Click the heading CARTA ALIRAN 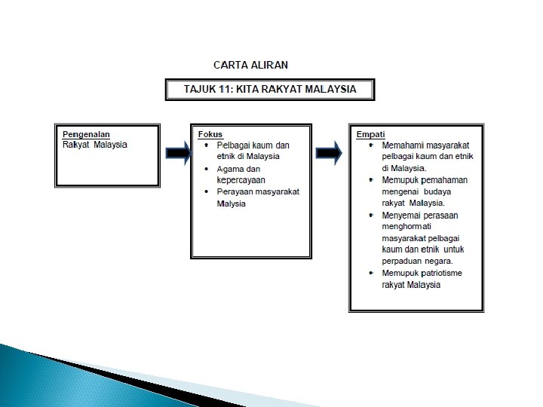point(251,65)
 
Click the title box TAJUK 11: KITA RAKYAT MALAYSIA point(270,90)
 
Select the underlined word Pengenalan point(87,134)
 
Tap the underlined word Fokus point(210,134)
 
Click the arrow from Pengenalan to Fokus point(178,153)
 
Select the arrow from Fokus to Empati point(329,153)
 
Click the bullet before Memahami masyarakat point(371,144)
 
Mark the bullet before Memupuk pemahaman point(371,179)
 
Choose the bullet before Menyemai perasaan point(371,215)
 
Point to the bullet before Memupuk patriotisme point(371,273)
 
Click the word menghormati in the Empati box point(408,226)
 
